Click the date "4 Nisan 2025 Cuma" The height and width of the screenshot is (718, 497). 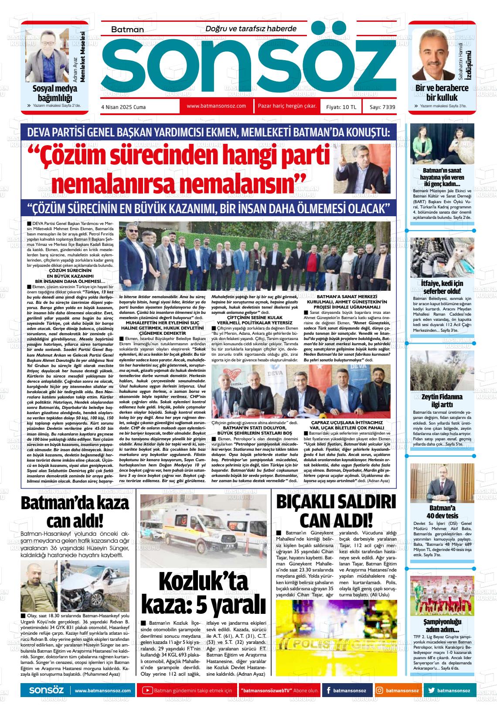[x=123, y=107]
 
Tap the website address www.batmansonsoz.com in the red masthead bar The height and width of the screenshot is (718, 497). [x=216, y=106]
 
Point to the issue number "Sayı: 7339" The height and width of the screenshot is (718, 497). [x=382, y=107]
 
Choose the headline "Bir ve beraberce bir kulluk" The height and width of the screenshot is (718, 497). [x=441, y=92]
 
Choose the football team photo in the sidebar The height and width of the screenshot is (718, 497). [x=441, y=595]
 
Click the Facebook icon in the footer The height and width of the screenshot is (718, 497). [x=327, y=691]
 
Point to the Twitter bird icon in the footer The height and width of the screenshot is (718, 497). [x=432, y=691]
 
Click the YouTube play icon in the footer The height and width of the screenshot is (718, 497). [x=148, y=691]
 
